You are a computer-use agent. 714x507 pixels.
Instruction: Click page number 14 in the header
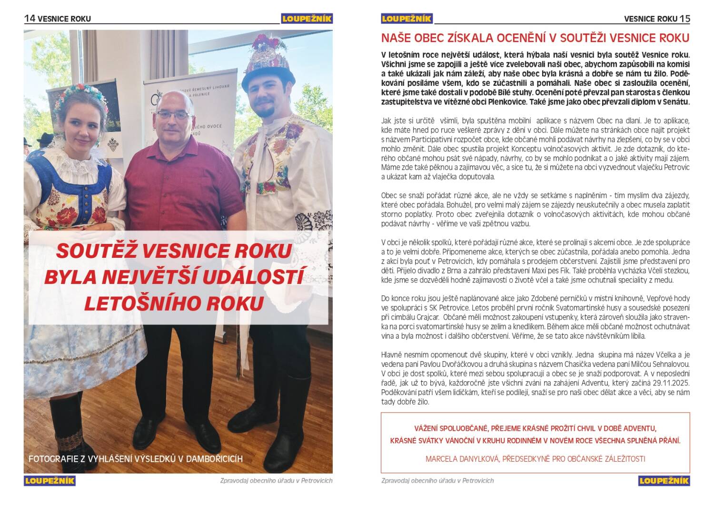30,19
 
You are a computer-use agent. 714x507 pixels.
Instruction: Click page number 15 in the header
684,19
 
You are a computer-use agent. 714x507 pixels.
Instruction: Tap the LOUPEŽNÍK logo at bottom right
664,480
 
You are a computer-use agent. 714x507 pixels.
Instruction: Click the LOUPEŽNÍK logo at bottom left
50,480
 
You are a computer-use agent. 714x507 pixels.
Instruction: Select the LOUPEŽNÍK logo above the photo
306,19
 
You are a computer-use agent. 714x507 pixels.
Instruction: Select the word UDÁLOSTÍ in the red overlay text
248,277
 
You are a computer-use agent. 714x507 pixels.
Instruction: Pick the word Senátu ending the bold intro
672,102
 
